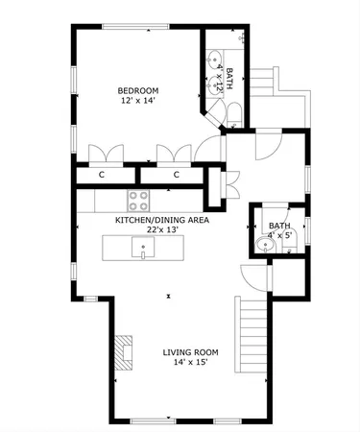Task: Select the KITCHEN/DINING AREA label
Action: pos(161,219)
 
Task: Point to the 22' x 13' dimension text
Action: pos(161,229)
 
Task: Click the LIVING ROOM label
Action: pos(190,351)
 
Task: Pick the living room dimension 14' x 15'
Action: pos(190,363)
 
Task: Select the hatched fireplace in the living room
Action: pos(125,352)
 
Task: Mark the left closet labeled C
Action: pos(102,175)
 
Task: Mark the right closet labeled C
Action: pos(177,175)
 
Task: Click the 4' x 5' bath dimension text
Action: pos(278,234)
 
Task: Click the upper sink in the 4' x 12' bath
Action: pos(213,57)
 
